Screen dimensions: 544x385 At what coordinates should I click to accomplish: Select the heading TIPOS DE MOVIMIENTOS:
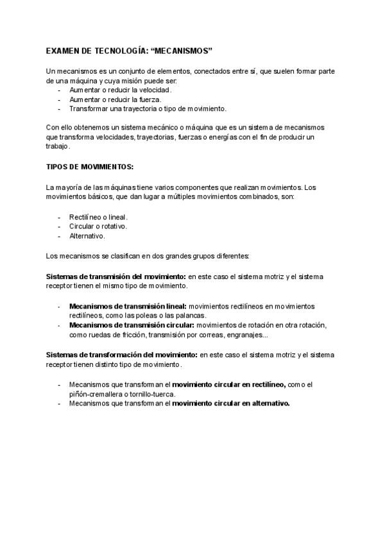point(90,167)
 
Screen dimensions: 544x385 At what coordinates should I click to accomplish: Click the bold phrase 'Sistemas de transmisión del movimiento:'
point(116,276)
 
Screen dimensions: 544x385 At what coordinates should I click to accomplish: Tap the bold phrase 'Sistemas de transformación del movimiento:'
point(122,354)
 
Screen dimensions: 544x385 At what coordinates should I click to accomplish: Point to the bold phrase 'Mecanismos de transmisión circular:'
point(132,325)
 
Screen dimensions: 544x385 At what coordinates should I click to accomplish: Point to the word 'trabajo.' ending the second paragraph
point(59,146)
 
